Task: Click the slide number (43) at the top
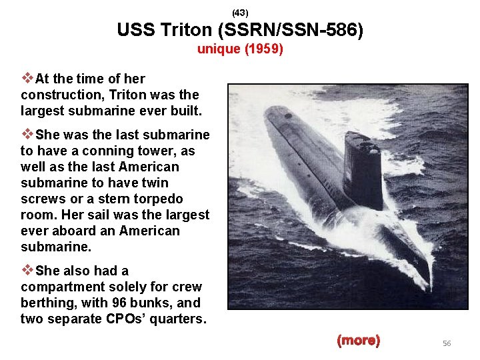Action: pyautogui.click(x=239, y=13)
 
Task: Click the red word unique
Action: pyautogui.click(x=217, y=49)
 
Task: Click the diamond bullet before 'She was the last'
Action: pyautogui.click(x=27, y=135)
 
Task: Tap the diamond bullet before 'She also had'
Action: pyautogui.click(x=27, y=271)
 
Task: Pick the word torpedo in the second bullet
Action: pyautogui.click(x=160, y=199)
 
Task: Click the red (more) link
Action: pyautogui.click(x=358, y=341)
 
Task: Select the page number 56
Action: pyautogui.click(x=447, y=343)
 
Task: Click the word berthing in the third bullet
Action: pyautogui.click(x=46, y=303)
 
